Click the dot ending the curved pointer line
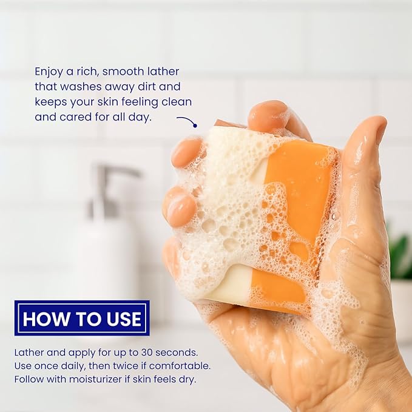[195, 126]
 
